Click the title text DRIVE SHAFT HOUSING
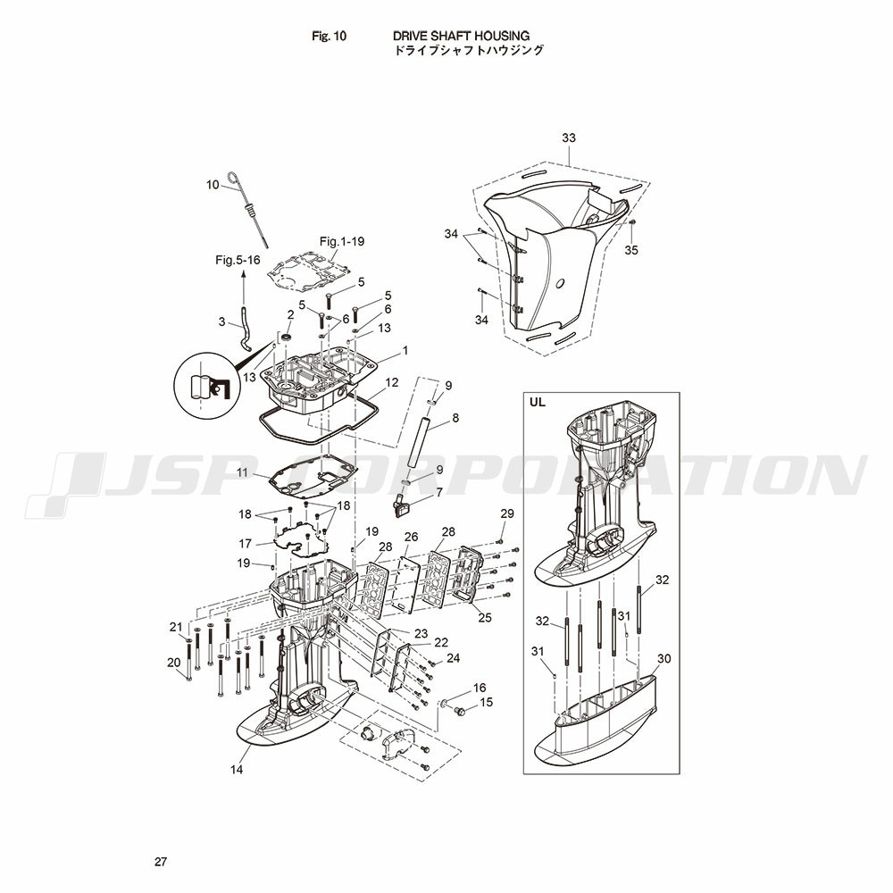[x=461, y=36]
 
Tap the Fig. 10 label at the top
[x=329, y=36]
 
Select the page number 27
[x=161, y=862]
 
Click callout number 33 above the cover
[x=568, y=138]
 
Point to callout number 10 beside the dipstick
[x=213, y=185]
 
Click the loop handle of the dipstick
[x=234, y=179]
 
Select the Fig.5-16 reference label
[x=238, y=260]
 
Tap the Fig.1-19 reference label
[x=342, y=241]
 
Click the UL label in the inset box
[x=537, y=402]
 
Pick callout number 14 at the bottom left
[x=237, y=770]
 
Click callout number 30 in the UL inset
[x=664, y=658]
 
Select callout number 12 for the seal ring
[x=392, y=382]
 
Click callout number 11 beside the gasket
[x=243, y=472]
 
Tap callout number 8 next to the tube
[x=455, y=417]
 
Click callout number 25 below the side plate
[x=485, y=617]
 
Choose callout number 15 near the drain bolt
[x=486, y=702]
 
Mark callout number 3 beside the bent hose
[x=222, y=321]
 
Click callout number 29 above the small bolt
[x=507, y=513]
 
